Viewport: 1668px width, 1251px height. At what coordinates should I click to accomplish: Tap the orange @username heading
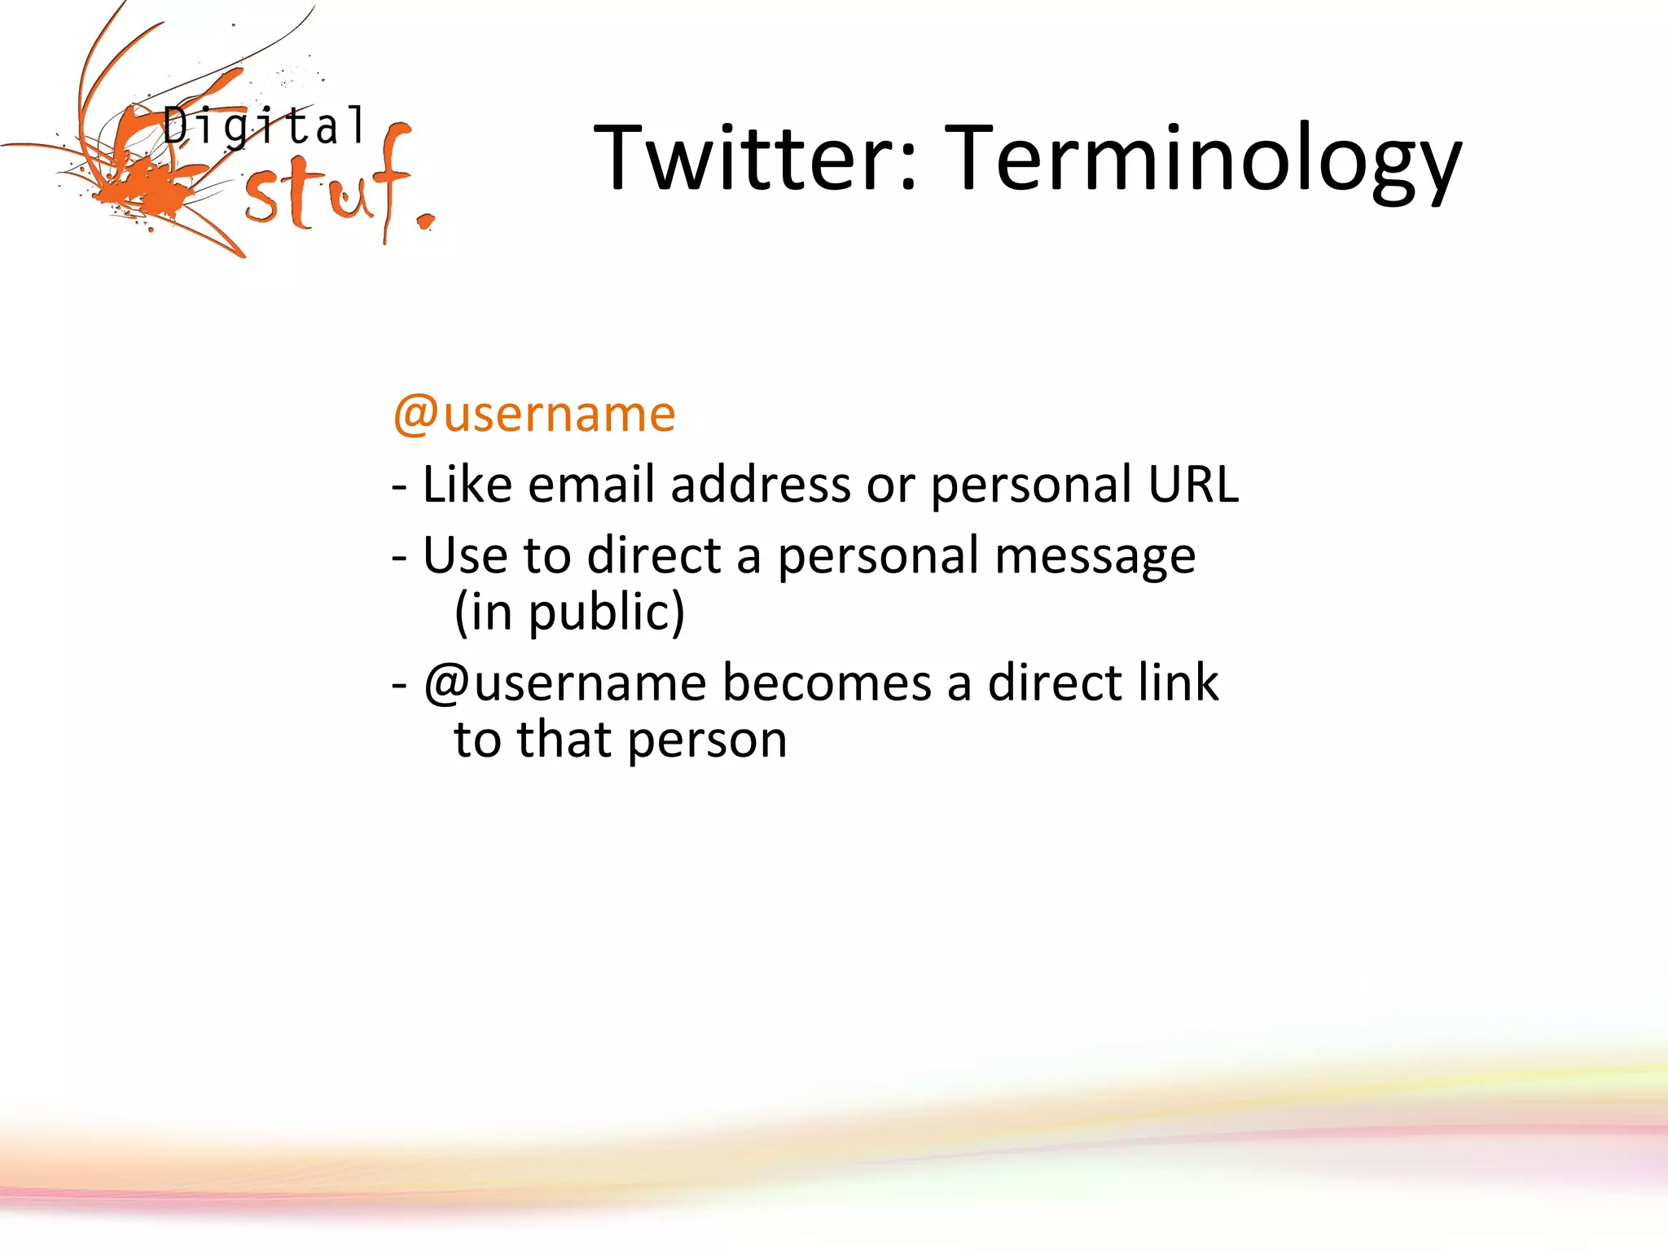tap(534, 414)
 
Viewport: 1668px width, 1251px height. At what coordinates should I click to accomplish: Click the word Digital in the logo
tap(265, 126)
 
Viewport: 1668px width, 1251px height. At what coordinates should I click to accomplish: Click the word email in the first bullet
tap(591, 485)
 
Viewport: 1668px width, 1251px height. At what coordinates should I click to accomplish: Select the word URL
tap(1193, 485)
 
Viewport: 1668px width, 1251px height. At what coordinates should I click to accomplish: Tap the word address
tap(761, 485)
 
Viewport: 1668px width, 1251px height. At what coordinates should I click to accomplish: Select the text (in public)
tap(569, 612)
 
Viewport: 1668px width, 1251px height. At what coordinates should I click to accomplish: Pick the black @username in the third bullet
tap(564, 683)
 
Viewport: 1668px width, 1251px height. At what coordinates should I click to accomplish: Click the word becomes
tap(827, 683)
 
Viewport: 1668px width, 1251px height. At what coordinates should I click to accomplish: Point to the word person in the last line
tap(707, 740)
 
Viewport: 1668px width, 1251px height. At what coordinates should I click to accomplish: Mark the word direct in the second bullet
tap(653, 555)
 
